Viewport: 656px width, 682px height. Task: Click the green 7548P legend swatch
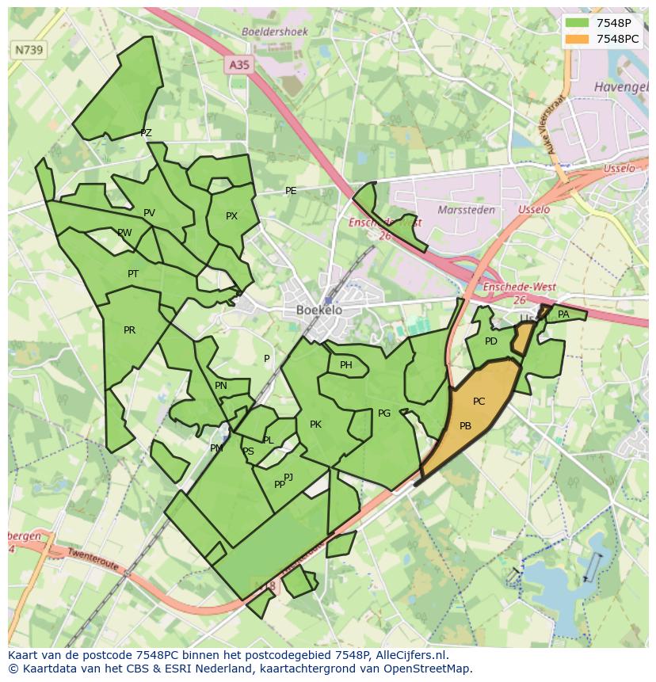tap(578, 22)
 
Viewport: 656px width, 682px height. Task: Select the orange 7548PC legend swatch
tap(578, 38)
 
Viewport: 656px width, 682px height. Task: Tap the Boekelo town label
tap(319, 311)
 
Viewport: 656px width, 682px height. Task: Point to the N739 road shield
tap(29, 50)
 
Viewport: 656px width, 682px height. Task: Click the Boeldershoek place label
tap(275, 32)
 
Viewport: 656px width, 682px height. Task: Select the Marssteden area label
tap(467, 210)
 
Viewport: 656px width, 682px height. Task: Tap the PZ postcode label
tap(146, 133)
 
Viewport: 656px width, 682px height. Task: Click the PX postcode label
tap(231, 215)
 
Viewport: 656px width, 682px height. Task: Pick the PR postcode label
tap(129, 330)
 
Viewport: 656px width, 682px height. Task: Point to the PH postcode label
tap(346, 365)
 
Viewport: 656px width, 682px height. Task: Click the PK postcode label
tap(315, 425)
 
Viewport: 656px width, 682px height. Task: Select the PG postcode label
tap(384, 413)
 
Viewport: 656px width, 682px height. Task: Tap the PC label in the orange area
tap(479, 402)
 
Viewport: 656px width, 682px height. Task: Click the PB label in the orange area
tap(465, 426)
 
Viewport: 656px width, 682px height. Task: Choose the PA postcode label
tap(563, 314)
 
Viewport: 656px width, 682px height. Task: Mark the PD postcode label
tap(491, 341)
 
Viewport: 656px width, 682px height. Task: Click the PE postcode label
tap(291, 191)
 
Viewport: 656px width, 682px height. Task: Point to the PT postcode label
tap(133, 274)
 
